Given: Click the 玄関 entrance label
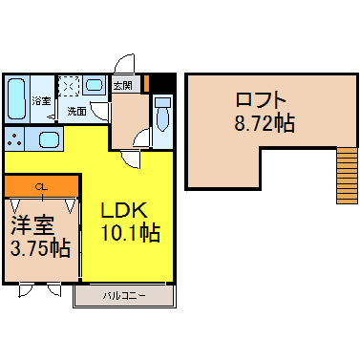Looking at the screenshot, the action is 123,85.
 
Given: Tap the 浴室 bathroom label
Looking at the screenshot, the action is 41,101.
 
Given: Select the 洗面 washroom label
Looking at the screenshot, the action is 76,112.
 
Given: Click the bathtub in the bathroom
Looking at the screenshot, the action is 16,98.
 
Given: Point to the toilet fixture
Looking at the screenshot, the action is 162,114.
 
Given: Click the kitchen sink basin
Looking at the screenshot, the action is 50,140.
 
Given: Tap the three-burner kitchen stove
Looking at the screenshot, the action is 14,140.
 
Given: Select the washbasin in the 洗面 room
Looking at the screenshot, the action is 95,85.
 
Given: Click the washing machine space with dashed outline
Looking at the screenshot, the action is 70,86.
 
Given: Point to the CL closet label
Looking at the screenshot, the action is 42,187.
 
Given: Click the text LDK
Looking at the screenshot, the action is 124,210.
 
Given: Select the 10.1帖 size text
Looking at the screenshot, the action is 130,233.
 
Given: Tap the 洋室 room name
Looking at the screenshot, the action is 32,225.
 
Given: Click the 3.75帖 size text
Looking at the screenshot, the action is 40,248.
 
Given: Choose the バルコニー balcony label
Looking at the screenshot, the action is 124,296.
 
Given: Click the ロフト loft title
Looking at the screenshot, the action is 261,99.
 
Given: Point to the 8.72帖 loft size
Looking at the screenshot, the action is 265,123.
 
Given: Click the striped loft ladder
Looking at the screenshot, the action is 347,176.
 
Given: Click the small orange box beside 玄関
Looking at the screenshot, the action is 147,83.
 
